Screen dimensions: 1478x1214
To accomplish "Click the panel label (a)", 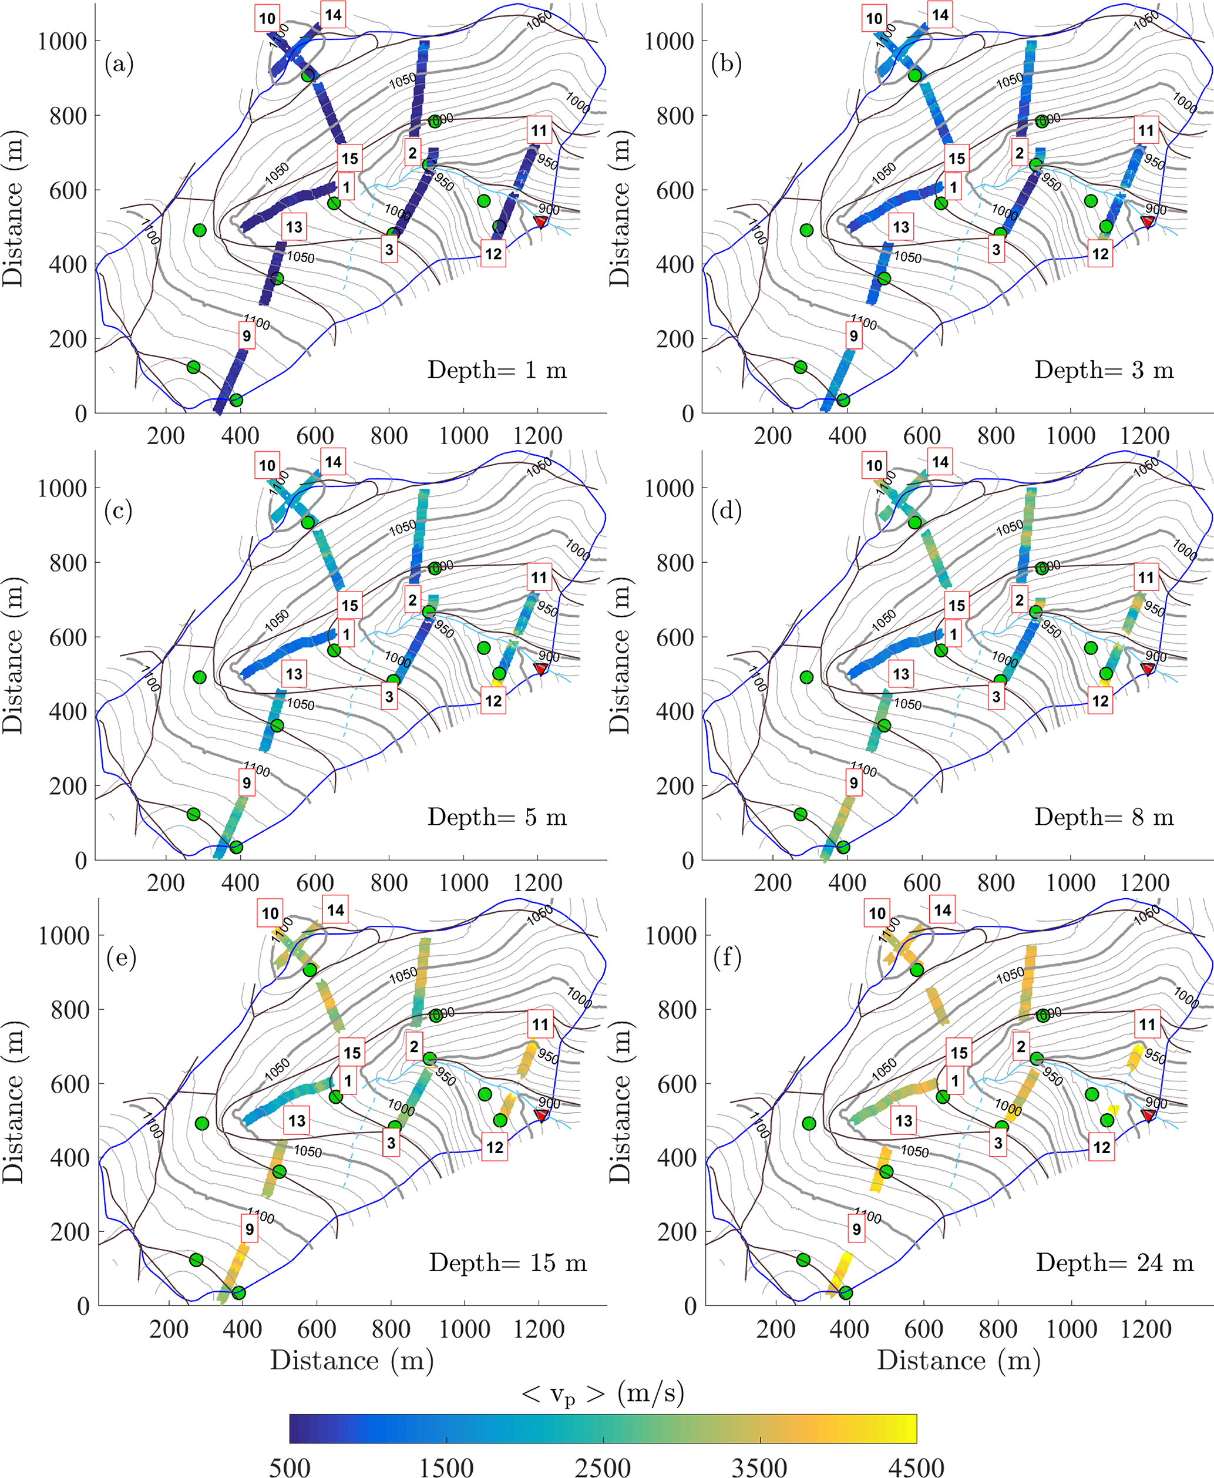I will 119,65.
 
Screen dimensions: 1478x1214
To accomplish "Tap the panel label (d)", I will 726,511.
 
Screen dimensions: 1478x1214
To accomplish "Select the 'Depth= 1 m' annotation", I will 496,369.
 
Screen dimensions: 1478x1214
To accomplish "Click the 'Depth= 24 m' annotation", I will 1114,1262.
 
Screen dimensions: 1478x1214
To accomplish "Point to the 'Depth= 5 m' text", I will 496,817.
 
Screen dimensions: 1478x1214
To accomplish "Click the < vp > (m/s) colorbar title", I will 603,1392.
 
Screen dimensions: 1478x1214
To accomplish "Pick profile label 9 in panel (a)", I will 246,336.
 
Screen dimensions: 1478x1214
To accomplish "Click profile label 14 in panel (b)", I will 940,15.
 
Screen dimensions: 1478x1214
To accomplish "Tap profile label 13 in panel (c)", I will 294,674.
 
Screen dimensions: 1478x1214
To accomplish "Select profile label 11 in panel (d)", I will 1145,577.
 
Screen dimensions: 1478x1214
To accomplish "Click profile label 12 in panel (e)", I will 495,1147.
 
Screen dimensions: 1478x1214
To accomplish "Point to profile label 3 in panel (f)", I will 998,1143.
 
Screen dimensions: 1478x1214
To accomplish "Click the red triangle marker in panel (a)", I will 540,221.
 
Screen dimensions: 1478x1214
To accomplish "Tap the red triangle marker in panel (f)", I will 1148,1115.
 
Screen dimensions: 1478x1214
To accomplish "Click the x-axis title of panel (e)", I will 352,1360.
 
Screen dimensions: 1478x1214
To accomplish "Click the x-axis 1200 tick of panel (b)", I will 1145,436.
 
